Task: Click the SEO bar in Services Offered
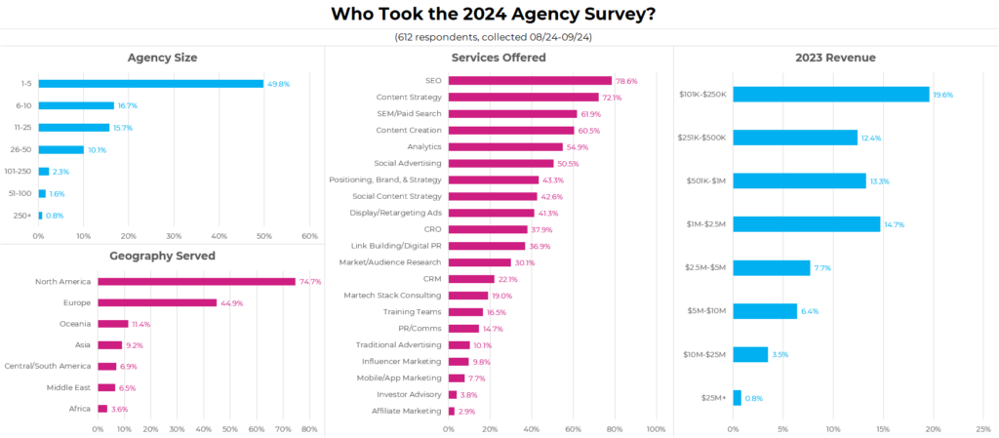530,81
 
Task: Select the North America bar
196,281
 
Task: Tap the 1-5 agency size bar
150,84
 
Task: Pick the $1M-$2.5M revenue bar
806,224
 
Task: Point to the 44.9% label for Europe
230,302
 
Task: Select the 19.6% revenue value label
943,95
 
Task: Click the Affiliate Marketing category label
408,411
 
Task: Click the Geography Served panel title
162,256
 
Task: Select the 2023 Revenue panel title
836,58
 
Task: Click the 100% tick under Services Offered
656,429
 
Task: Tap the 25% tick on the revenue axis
983,429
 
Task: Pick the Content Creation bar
510,130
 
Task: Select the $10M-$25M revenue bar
750,354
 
